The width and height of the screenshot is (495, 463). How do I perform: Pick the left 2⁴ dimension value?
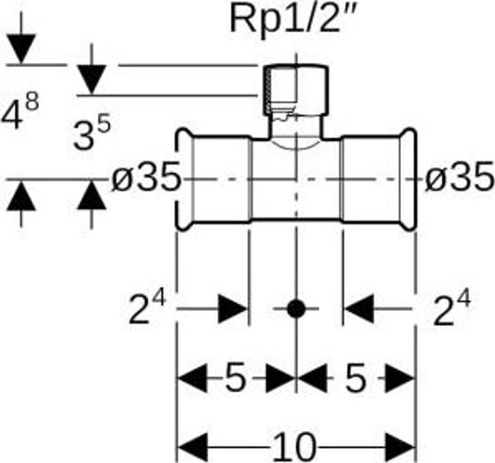tap(147, 309)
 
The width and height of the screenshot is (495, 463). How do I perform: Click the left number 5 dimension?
tap(235, 379)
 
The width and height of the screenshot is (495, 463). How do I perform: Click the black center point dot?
tap(295, 309)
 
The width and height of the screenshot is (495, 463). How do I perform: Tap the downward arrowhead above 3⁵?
tap(91, 79)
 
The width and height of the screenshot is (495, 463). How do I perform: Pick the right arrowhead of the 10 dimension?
tap(400, 447)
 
